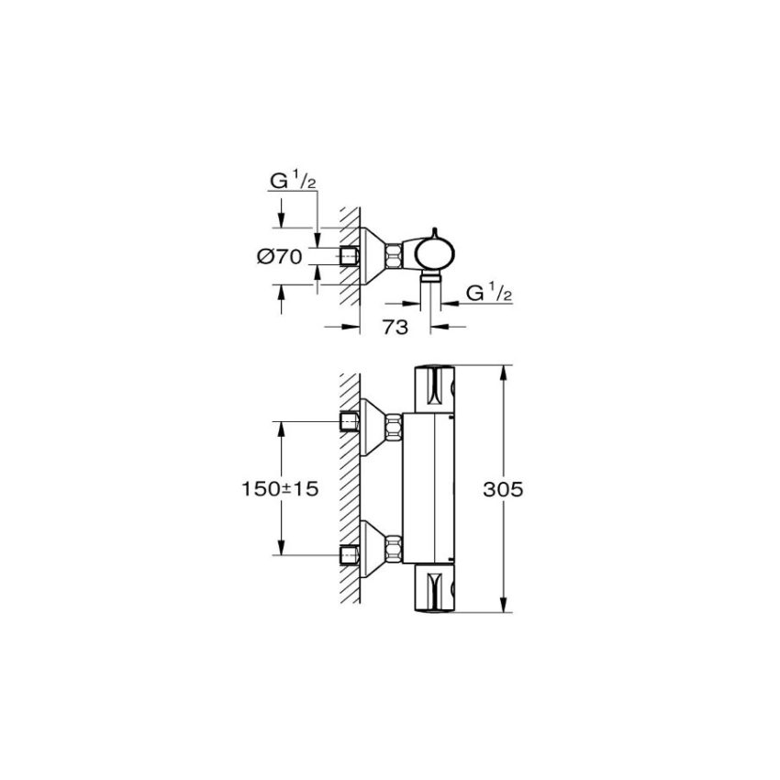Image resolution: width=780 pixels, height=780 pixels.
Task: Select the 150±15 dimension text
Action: [274, 489]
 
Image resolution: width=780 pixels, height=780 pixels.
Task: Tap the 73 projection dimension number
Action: [396, 329]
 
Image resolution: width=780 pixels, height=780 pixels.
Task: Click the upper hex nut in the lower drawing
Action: [393, 426]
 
